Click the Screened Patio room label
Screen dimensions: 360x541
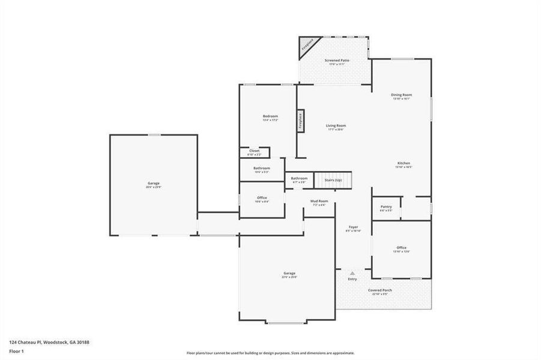point(337,61)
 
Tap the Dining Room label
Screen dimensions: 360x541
point(402,95)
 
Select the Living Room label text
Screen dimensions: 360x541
point(336,126)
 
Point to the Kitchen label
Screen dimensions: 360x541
point(403,164)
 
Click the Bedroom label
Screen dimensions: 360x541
point(270,116)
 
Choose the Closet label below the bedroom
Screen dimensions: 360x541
point(255,151)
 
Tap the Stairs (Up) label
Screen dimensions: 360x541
point(333,180)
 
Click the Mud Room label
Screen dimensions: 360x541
point(319,201)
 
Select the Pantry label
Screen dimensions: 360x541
point(385,207)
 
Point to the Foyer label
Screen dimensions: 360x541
point(354,227)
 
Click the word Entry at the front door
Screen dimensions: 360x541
point(352,279)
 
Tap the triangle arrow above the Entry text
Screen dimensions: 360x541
point(352,273)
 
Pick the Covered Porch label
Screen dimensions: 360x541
point(380,290)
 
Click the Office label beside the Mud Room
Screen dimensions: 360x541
point(262,198)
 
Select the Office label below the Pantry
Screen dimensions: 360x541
point(401,248)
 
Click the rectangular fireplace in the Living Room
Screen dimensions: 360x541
point(300,121)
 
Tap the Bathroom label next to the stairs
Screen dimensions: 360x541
point(299,178)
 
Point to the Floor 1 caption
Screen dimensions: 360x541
point(16,352)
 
